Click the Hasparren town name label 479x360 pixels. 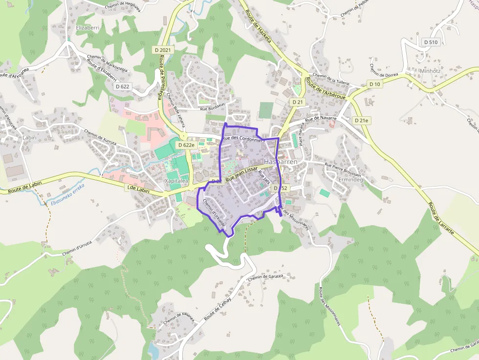(280, 161)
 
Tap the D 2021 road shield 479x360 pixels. (163, 50)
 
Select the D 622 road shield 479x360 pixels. (123, 86)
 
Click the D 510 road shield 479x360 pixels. (431, 42)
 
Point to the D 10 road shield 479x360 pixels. (375, 84)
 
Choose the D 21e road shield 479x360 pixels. (361, 120)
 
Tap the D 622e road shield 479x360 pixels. (186, 145)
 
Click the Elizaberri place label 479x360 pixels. (87, 28)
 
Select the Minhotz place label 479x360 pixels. (430, 71)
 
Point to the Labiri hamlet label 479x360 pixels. (29, 138)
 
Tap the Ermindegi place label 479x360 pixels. (351, 180)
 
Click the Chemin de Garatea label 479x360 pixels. (265, 278)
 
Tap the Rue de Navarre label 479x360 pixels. (321, 119)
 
